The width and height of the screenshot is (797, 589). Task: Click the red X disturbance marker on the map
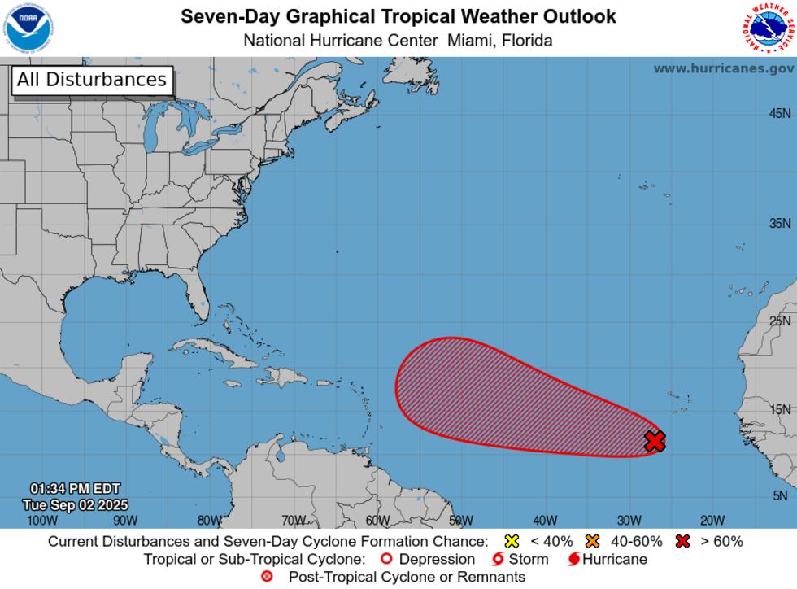(655, 441)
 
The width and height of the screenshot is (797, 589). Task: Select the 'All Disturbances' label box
(91, 80)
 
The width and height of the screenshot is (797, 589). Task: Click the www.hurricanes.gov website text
(723, 68)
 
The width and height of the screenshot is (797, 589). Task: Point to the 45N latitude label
(780, 114)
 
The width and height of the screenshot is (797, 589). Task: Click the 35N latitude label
(780, 224)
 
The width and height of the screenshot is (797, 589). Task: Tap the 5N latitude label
(780, 495)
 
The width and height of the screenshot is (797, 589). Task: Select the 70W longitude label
(294, 520)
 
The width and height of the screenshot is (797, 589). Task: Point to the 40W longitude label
(545, 520)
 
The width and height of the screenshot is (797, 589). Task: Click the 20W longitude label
(712, 520)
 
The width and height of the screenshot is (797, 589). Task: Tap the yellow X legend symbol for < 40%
(512, 542)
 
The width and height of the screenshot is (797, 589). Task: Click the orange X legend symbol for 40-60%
(592, 542)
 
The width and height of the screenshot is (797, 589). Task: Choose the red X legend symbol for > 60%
(682, 542)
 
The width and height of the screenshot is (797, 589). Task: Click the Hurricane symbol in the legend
(574, 560)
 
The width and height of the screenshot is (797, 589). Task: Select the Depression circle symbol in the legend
(387, 560)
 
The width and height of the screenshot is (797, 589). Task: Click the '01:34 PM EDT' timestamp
(75, 489)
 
